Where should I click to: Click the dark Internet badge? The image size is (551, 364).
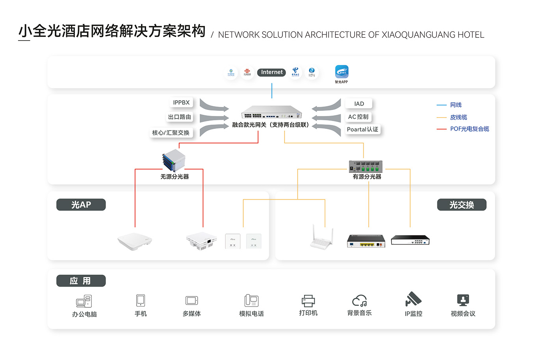point(271,72)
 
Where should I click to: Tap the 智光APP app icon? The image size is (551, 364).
point(341,72)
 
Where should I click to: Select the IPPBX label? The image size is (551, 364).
point(181,103)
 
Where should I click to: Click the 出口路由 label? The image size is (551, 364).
point(180,117)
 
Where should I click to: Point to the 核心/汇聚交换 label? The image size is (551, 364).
point(171,133)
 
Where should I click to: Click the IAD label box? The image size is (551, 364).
point(359,104)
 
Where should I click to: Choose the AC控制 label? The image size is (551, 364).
point(358,117)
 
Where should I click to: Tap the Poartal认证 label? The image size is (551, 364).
point(362,129)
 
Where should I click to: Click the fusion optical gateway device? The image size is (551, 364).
point(271,112)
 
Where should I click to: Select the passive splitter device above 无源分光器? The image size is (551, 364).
point(174,161)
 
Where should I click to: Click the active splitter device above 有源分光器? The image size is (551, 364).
point(365,166)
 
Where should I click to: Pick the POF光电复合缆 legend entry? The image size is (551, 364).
point(469,129)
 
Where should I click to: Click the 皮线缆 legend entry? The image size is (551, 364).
point(458,117)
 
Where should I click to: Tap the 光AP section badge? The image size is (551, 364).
point(81,205)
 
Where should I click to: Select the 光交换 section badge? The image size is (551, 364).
point(462,205)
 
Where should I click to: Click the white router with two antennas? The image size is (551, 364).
point(322,238)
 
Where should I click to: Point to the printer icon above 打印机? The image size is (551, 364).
point(308,301)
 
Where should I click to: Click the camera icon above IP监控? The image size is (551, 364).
point(413,300)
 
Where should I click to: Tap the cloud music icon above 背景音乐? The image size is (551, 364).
point(359,301)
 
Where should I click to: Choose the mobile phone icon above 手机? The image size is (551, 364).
point(141,300)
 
